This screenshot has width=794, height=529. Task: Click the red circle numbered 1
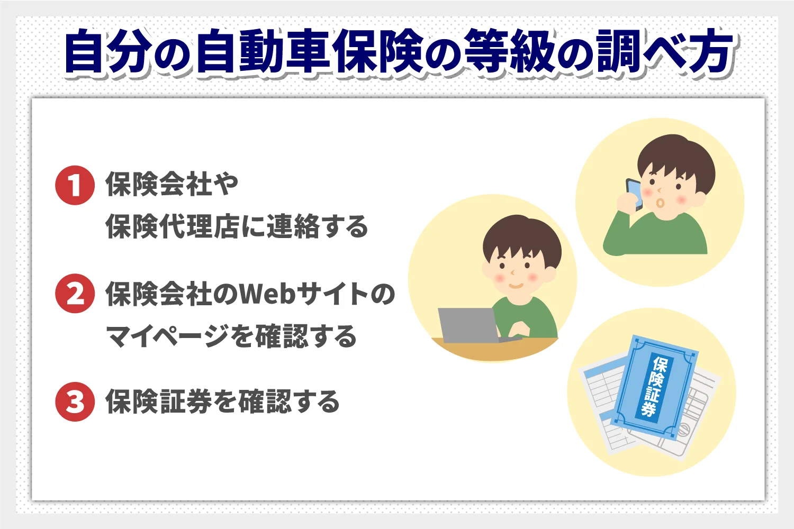[x=75, y=186]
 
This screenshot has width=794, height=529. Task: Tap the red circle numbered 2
[x=75, y=294]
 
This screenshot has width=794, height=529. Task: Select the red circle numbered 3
[x=75, y=402]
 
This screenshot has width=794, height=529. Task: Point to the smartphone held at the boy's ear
[x=634, y=194]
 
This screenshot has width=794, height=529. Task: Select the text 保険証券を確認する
[x=222, y=402]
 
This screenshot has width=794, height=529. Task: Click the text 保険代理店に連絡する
[x=237, y=227]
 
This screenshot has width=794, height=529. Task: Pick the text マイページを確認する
[x=231, y=337]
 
